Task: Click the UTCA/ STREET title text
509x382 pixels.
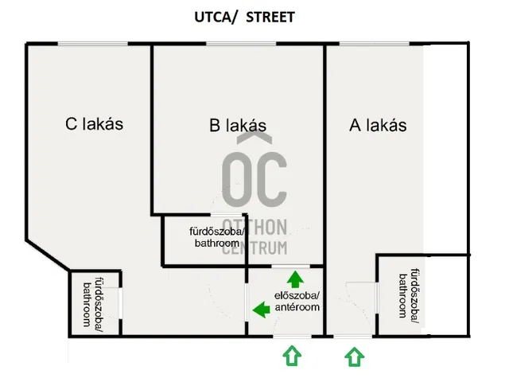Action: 244,18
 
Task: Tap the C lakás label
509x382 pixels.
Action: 95,124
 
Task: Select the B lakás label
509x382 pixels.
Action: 238,126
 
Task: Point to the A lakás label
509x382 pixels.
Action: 378,126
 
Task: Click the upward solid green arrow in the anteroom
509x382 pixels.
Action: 295,279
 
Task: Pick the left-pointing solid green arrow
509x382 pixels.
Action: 262,310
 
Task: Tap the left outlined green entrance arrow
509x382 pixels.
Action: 292,356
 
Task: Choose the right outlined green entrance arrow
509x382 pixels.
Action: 354,357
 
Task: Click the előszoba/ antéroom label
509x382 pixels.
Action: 297,302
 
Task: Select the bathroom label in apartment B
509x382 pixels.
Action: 217,237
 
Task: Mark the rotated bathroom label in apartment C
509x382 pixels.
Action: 93,302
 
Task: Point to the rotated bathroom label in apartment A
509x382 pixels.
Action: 410,293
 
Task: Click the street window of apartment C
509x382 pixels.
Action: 93,44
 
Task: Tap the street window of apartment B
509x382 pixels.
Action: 241,44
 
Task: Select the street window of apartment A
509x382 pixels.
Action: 375,44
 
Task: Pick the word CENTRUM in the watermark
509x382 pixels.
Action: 254,248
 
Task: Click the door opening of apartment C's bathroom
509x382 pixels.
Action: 120,303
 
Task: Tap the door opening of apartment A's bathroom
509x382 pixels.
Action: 377,298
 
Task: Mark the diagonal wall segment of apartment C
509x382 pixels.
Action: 48,255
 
